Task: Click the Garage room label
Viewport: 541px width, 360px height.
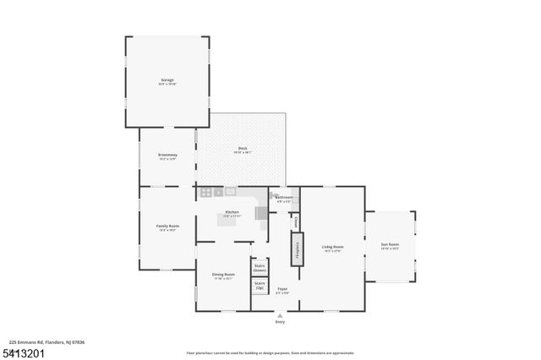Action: coord(167,80)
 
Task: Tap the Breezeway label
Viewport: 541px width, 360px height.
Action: coord(167,155)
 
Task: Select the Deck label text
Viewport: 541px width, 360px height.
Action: coord(242,149)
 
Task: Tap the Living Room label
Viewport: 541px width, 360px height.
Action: coord(332,248)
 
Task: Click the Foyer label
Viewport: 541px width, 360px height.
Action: coord(282,289)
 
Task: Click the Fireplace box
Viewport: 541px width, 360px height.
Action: coord(296,248)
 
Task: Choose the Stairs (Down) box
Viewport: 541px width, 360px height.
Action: coord(260,267)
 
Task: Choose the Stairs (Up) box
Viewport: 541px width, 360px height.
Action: coord(260,286)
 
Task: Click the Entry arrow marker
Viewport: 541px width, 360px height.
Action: coord(280,315)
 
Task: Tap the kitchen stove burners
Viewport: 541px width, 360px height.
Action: coord(205,193)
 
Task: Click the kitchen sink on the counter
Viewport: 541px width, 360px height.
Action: coord(229,192)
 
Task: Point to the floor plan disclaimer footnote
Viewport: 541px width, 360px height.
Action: coord(270,353)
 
